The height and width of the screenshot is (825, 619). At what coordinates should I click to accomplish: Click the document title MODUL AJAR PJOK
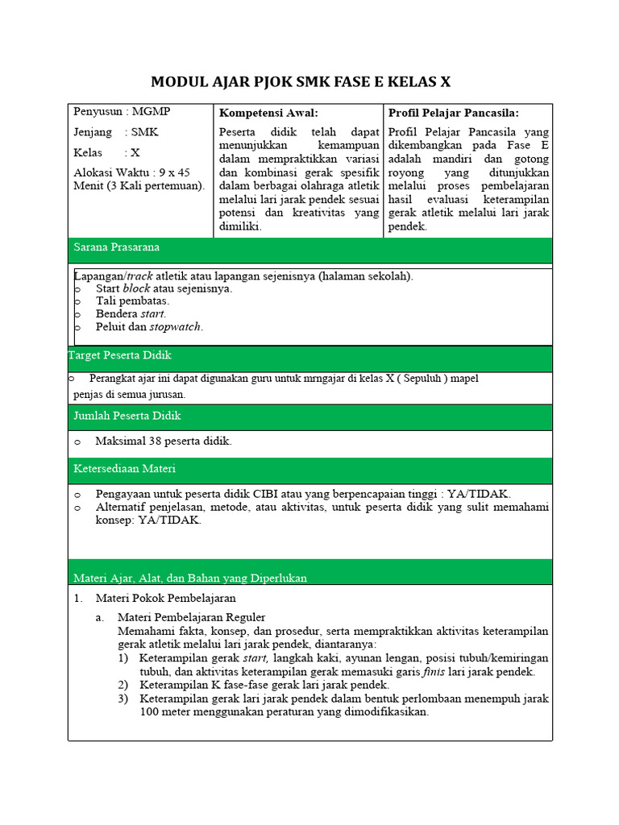(x=301, y=82)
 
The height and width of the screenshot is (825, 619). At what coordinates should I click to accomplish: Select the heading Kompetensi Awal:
(x=268, y=113)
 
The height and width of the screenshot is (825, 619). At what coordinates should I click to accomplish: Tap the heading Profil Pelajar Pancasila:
(x=453, y=113)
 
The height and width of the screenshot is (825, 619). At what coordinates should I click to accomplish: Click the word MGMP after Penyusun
(x=151, y=112)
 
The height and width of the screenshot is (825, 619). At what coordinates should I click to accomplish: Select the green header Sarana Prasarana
(x=116, y=247)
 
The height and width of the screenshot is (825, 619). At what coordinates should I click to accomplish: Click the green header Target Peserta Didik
(x=119, y=355)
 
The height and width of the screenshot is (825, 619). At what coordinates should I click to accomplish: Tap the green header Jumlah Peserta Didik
(x=127, y=416)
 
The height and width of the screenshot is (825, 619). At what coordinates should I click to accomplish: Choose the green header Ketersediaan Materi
(x=124, y=468)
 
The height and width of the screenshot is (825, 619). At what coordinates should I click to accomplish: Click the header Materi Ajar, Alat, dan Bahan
(x=190, y=578)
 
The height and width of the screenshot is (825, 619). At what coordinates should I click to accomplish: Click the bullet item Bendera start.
(x=131, y=313)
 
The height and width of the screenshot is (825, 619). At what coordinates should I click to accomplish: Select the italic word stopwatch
(x=176, y=326)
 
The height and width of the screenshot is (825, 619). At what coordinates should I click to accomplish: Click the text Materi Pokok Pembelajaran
(x=166, y=599)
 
